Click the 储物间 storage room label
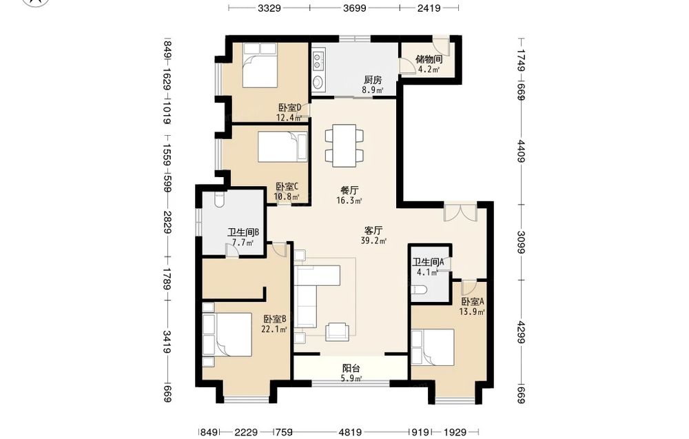click(x=429, y=59)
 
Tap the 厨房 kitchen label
click(x=373, y=80)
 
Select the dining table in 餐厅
click(x=344, y=146)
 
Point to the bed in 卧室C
click(x=282, y=147)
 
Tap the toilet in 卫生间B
click(x=220, y=199)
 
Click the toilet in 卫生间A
click(x=419, y=290)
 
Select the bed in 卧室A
click(x=433, y=347)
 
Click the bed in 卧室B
click(x=227, y=334)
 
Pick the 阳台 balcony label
click(x=351, y=368)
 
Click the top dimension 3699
click(x=355, y=8)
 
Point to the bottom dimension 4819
click(x=350, y=432)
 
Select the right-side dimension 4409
click(x=521, y=151)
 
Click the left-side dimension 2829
click(x=167, y=222)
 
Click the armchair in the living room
click(x=337, y=331)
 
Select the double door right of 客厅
click(x=460, y=212)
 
